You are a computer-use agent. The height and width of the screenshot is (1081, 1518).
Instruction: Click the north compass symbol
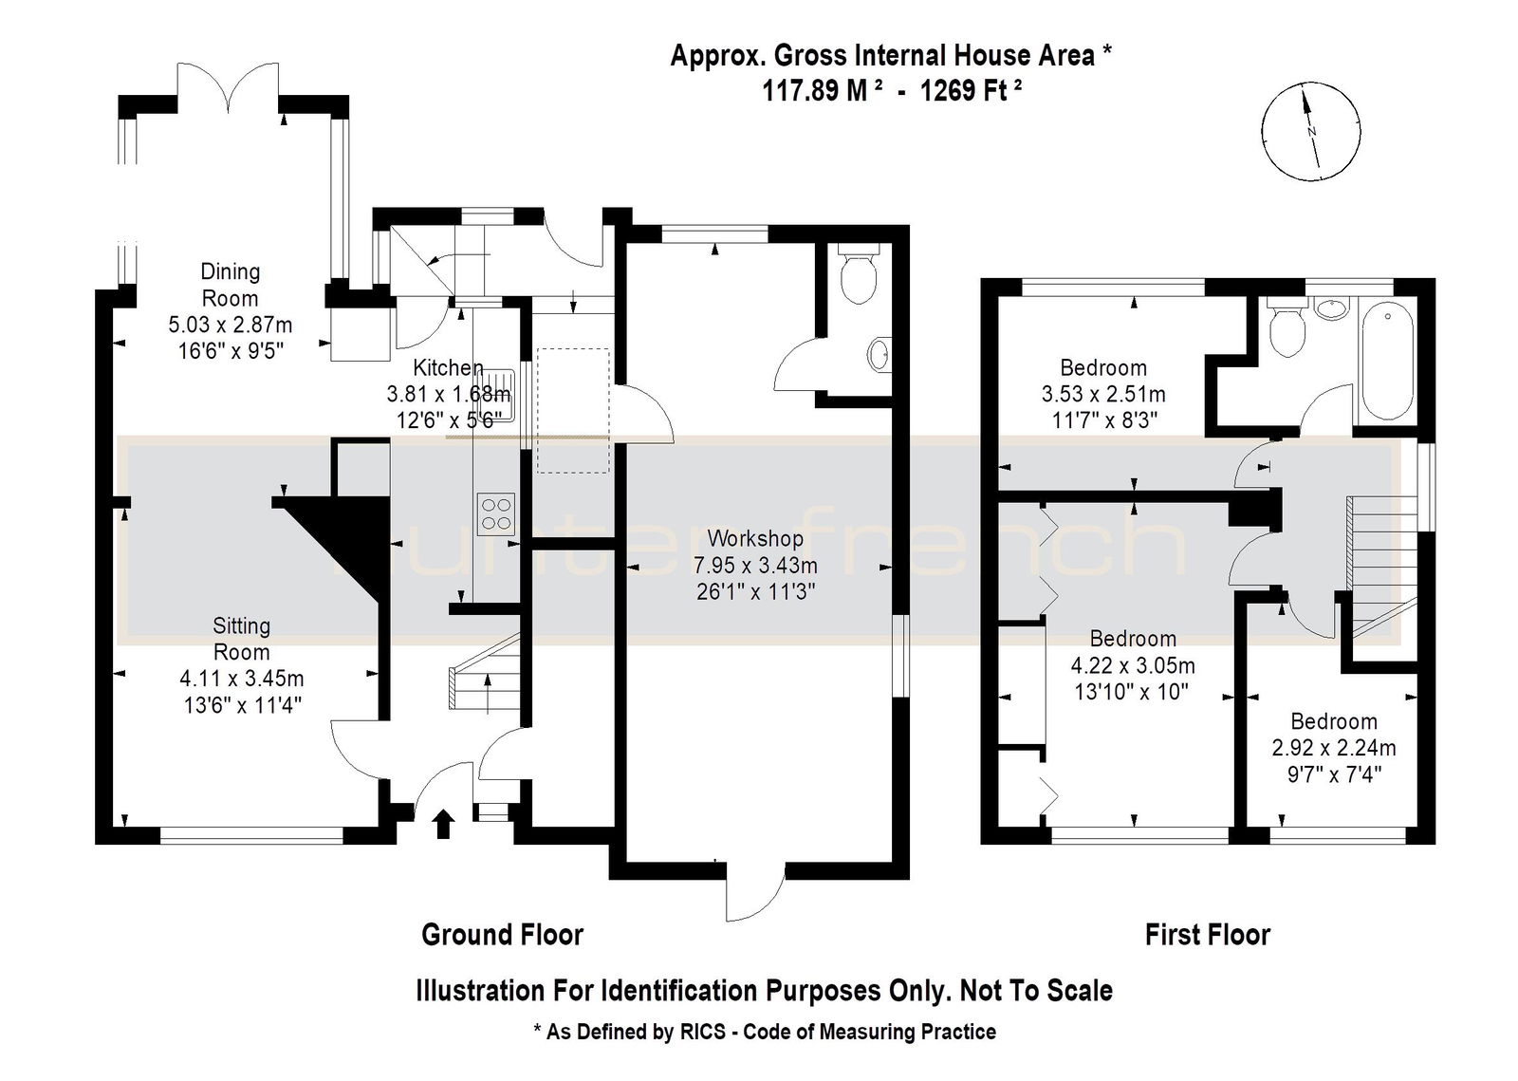point(1310,132)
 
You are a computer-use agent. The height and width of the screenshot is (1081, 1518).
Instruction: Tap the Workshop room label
point(755,538)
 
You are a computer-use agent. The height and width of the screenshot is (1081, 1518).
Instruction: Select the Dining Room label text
point(231,285)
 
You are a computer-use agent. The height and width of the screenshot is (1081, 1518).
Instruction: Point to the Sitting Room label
point(241,639)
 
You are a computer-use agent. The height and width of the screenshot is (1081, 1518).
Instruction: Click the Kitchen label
point(448,368)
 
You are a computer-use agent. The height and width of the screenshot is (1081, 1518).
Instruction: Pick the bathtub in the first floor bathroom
point(1387,362)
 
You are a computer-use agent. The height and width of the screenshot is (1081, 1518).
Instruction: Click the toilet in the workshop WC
point(858,273)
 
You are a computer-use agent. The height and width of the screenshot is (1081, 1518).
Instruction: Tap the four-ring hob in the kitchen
point(496,514)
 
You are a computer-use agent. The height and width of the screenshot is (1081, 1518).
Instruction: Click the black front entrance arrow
point(443,824)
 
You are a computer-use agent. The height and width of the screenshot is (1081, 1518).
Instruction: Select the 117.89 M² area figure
point(822,89)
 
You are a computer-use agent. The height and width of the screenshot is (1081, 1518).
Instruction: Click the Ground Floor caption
point(502,935)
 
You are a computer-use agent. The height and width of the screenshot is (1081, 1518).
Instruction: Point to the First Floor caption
point(1208,935)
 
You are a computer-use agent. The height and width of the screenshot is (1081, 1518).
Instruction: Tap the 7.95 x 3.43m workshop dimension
point(755,566)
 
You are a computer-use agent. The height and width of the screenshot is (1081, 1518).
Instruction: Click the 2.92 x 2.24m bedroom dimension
point(1334,748)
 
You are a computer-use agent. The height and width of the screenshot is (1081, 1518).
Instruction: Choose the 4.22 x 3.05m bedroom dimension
point(1133,665)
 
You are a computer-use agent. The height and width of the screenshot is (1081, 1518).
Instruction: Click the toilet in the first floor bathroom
point(1287,330)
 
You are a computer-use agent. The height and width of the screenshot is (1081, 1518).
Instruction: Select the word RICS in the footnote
point(701,1033)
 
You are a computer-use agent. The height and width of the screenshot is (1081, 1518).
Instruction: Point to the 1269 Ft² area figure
point(972,89)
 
